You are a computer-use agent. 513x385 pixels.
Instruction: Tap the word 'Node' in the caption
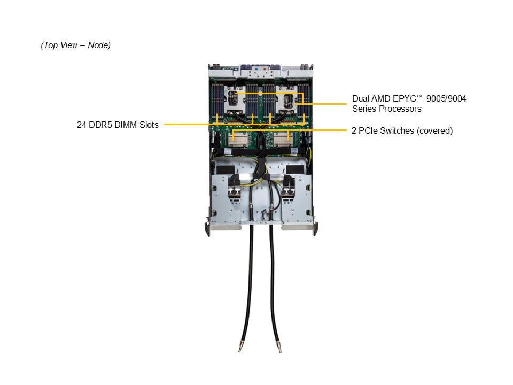tap(98, 45)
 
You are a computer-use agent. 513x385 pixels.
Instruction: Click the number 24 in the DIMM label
tap(81, 125)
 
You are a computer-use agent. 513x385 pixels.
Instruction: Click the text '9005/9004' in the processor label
tap(446, 98)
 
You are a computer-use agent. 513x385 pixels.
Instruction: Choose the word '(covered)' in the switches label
tap(435, 130)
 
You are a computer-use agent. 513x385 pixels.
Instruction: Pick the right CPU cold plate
tap(286, 99)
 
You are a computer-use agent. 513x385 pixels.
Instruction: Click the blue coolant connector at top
tap(256, 70)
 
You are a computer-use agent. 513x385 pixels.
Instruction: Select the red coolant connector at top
tap(265, 70)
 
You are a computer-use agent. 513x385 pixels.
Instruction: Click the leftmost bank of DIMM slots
tap(217, 99)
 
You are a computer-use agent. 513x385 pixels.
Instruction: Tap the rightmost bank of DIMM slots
tap(304, 99)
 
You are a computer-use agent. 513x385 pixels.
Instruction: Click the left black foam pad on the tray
tap(225, 170)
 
